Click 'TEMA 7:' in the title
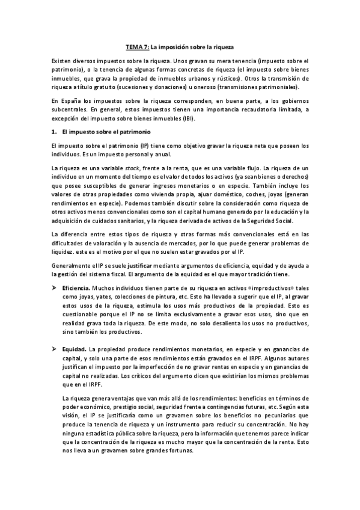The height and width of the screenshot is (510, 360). pyautogui.click(x=136, y=46)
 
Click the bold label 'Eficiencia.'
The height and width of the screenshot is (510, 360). pyautogui.click(x=76, y=288)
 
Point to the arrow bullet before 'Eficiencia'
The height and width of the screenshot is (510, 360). pyautogui.click(x=54, y=288)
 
